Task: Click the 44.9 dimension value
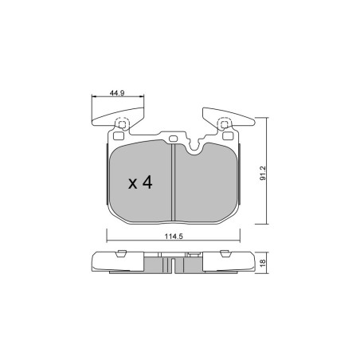[x=117, y=93]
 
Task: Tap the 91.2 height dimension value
[x=263, y=174]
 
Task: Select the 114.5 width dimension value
[x=174, y=236]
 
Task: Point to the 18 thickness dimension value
[x=263, y=262]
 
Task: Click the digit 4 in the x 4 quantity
[x=147, y=182]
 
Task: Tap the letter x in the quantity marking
[x=132, y=184]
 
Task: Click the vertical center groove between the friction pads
[x=174, y=182]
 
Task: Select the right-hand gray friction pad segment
[x=206, y=182]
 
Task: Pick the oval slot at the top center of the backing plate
[x=173, y=139]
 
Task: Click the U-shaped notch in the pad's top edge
[x=195, y=149]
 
